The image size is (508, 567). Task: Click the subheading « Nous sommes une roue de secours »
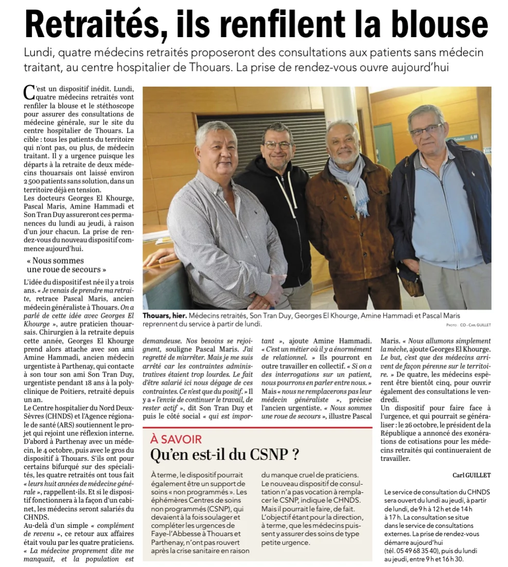[66, 265]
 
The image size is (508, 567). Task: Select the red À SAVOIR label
[176, 439]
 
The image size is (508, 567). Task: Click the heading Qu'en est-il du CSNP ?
[224, 455]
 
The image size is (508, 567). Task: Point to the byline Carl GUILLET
[472, 475]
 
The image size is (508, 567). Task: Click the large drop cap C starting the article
[29, 92]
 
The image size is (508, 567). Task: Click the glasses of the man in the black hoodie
[278, 146]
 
